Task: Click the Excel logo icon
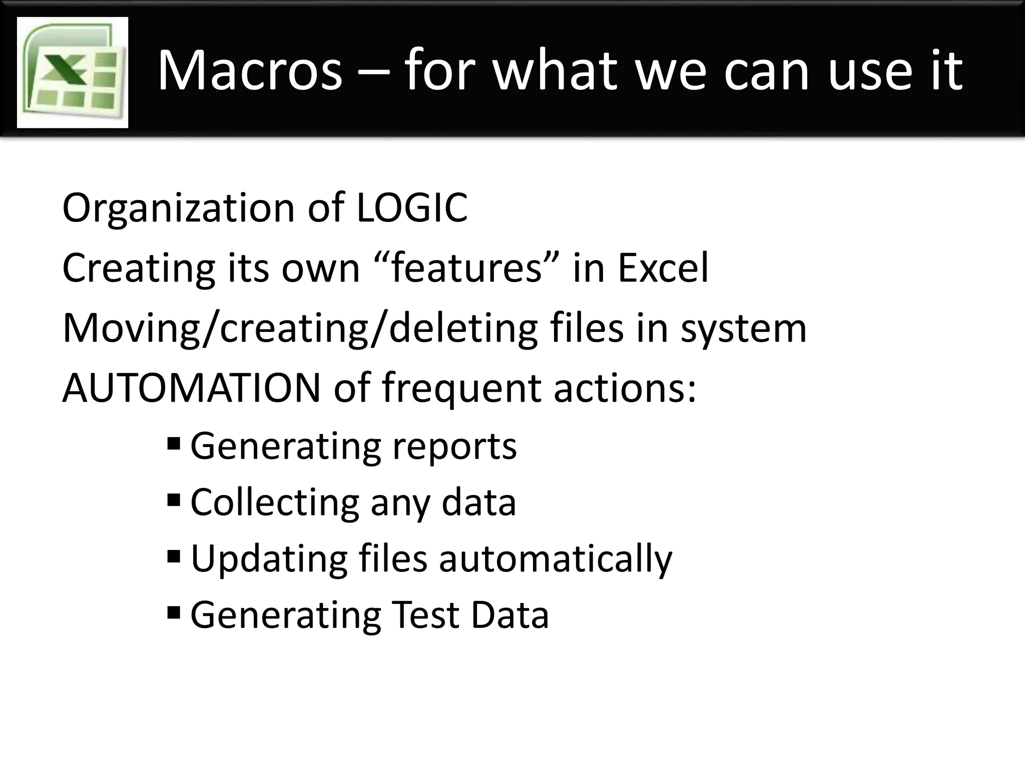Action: click(x=73, y=72)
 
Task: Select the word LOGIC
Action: click(x=412, y=207)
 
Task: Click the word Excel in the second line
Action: click(x=663, y=268)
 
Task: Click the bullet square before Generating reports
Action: click(x=174, y=443)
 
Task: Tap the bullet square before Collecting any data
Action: click(x=174, y=499)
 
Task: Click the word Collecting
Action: click(x=275, y=502)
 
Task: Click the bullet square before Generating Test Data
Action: click(x=174, y=611)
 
